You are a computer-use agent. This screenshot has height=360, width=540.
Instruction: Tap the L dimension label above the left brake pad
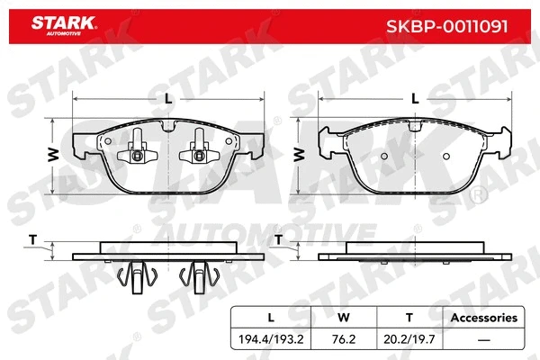166,99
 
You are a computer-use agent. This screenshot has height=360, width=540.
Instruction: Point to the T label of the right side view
278,240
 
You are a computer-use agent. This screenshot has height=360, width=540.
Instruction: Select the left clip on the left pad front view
138,148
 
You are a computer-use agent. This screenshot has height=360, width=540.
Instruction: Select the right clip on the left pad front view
196,148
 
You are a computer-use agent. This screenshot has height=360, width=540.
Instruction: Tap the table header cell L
271,318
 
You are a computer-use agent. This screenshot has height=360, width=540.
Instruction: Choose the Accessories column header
483,318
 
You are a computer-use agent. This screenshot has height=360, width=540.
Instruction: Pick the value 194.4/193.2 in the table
271,340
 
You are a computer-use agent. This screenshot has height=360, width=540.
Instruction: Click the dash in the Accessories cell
483,340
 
